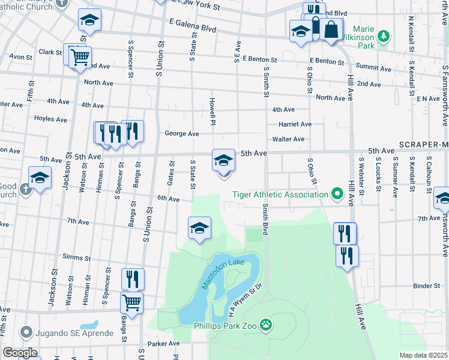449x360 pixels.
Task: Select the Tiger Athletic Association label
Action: (280, 194)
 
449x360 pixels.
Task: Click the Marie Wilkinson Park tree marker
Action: (380, 45)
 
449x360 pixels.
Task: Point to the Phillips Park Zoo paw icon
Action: (266, 326)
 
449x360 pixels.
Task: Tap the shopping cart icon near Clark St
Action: (80, 58)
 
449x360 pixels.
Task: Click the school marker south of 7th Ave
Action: (199, 228)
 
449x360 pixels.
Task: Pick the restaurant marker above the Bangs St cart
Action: (133, 278)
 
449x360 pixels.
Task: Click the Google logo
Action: (20, 353)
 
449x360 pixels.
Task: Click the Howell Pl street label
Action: (212, 112)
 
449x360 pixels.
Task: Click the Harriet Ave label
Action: (295, 124)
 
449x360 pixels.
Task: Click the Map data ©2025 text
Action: (423, 355)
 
